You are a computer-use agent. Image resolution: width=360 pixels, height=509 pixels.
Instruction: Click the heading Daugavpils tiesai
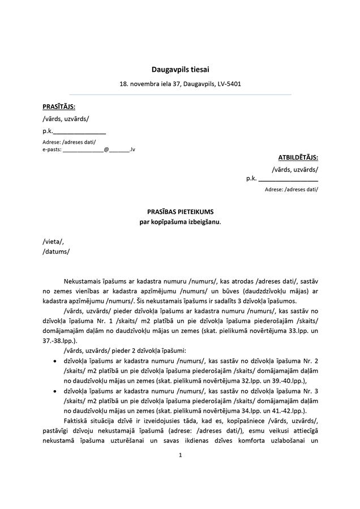coord(180,70)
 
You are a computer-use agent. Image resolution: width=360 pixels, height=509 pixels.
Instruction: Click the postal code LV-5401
coord(229,84)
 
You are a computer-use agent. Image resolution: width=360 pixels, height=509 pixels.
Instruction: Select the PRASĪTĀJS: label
coord(59,106)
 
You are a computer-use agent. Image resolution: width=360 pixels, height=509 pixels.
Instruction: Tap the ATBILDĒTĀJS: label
coord(298,157)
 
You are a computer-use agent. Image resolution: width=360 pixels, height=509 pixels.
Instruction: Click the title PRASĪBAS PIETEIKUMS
coord(180,211)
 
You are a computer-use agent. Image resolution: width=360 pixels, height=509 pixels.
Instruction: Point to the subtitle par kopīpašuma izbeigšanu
coord(180,221)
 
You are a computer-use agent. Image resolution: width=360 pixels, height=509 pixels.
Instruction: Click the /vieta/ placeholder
coord(53,241)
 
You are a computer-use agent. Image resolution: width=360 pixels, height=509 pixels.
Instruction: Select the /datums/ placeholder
coord(56,251)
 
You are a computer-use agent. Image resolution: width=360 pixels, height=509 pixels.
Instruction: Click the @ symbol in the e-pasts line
coord(106,149)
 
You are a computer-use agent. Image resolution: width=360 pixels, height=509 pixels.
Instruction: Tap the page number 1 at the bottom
coord(180,455)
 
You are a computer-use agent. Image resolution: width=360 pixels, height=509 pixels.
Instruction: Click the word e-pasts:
coord(52,149)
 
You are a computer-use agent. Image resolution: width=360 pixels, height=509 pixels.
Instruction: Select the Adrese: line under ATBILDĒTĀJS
coord(291,189)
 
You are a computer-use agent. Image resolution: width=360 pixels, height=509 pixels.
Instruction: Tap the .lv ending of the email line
coord(131,149)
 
